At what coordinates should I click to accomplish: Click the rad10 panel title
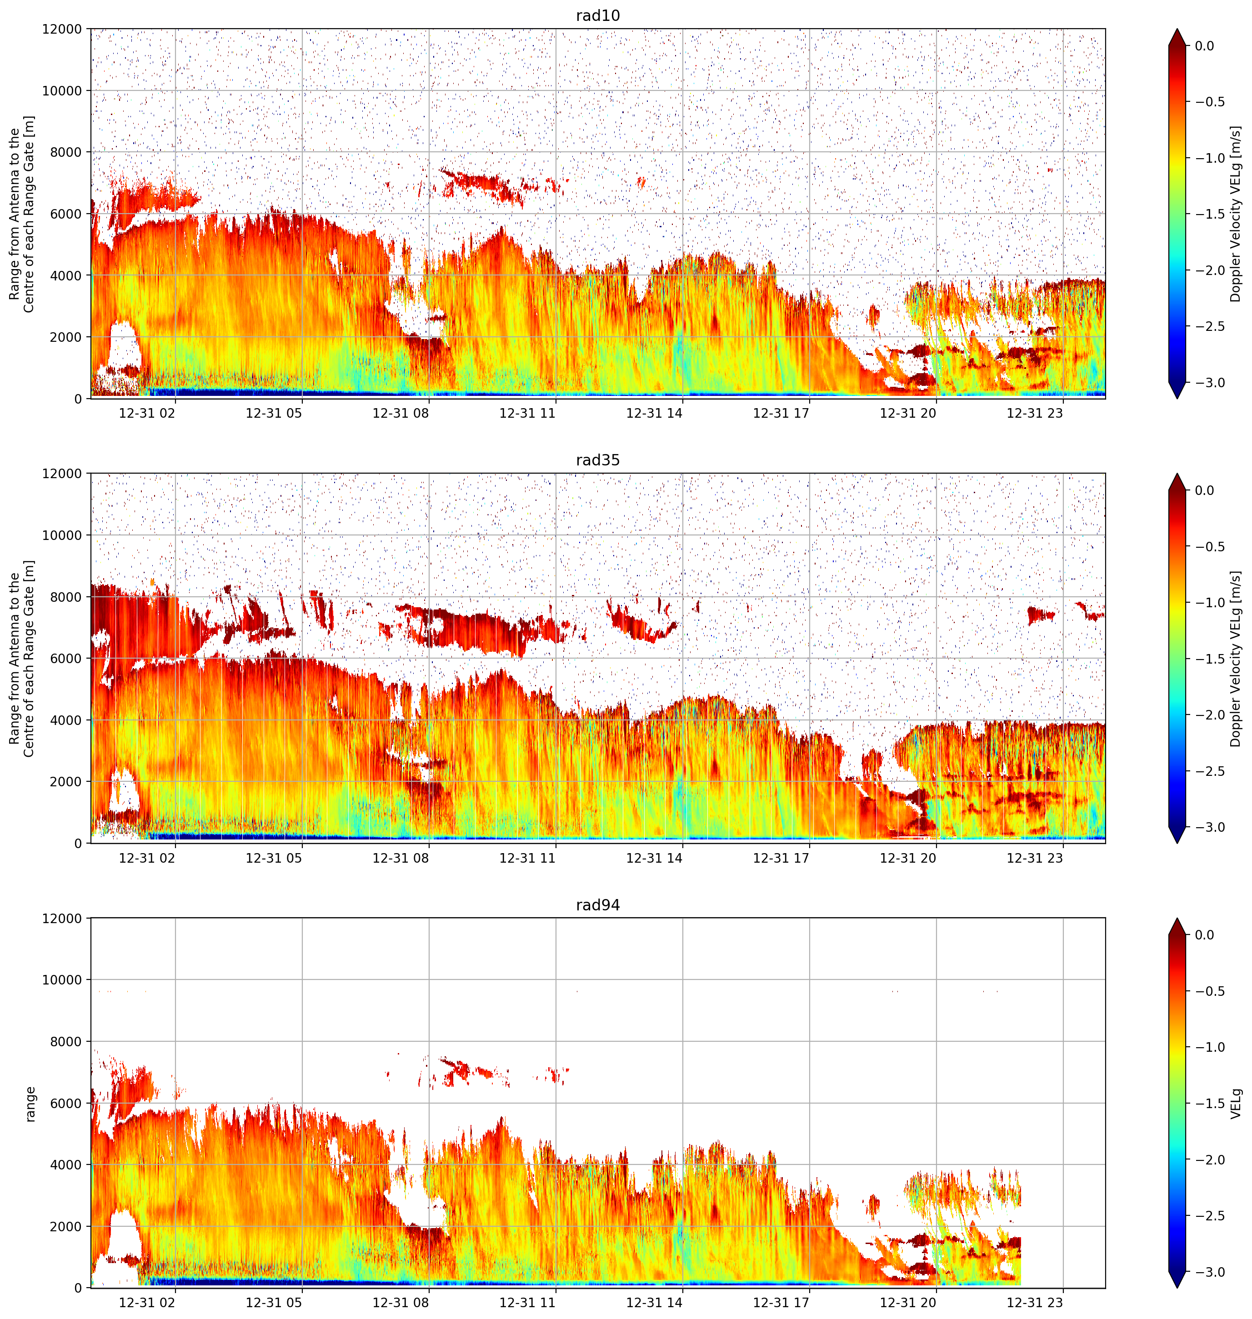pyautogui.click(x=598, y=15)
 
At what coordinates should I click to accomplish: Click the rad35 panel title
pyautogui.click(x=598, y=460)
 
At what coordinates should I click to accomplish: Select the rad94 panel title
pyautogui.click(x=598, y=904)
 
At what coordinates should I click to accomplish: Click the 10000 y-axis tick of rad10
pyautogui.click(x=62, y=91)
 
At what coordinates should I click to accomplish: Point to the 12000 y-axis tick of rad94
pyautogui.click(x=62, y=919)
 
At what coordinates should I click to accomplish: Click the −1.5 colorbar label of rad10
pyautogui.click(x=1209, y=214)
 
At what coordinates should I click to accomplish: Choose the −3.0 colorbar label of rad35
pyautogui.click(x=1209, y=827)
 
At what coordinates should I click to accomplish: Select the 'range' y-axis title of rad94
pyautogui.click(x=30, y=1104)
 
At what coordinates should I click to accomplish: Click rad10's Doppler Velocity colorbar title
pyautogui.click(x=1236, y=214)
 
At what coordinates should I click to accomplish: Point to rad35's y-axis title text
pyautogui.click(x=22, y=659)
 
